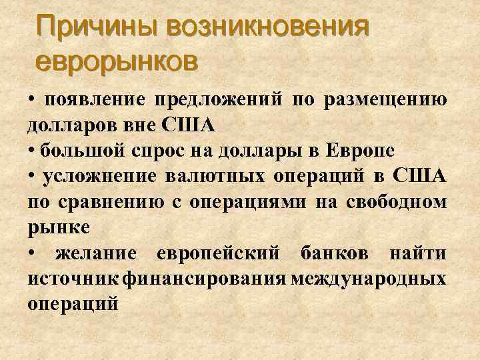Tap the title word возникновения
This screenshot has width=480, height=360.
point(269,28)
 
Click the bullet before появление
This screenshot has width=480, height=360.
point(32,100)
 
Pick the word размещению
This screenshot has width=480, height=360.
point(386,100)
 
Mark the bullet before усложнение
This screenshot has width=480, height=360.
point(32,176)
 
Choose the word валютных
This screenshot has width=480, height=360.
point(213,176)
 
